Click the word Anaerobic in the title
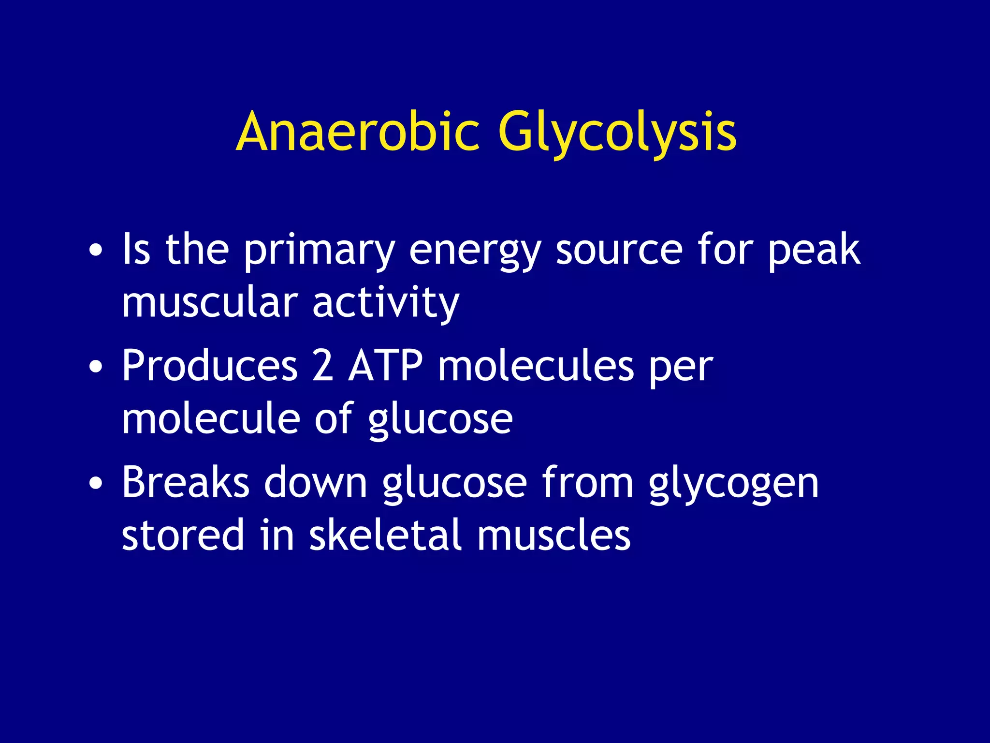[x=358, y=132]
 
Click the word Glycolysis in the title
[x=617, y=132]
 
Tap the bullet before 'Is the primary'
[x=96, y=251]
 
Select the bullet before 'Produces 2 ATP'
[x=96, y=367]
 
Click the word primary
[x=319, y=251]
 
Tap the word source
[x=619, y=251]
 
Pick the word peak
[x=814, y=251]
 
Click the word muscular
[x=209, y=303]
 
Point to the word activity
[x=386, y=303]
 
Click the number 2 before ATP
[x=323, y=367]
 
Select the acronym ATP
[x=386, y=367]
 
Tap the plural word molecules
[x=536, y=367]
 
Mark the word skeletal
[x=386, y=535]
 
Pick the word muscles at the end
[x=554, y=535]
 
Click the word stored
[x=183, y=535]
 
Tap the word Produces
[x=209, y=367]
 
